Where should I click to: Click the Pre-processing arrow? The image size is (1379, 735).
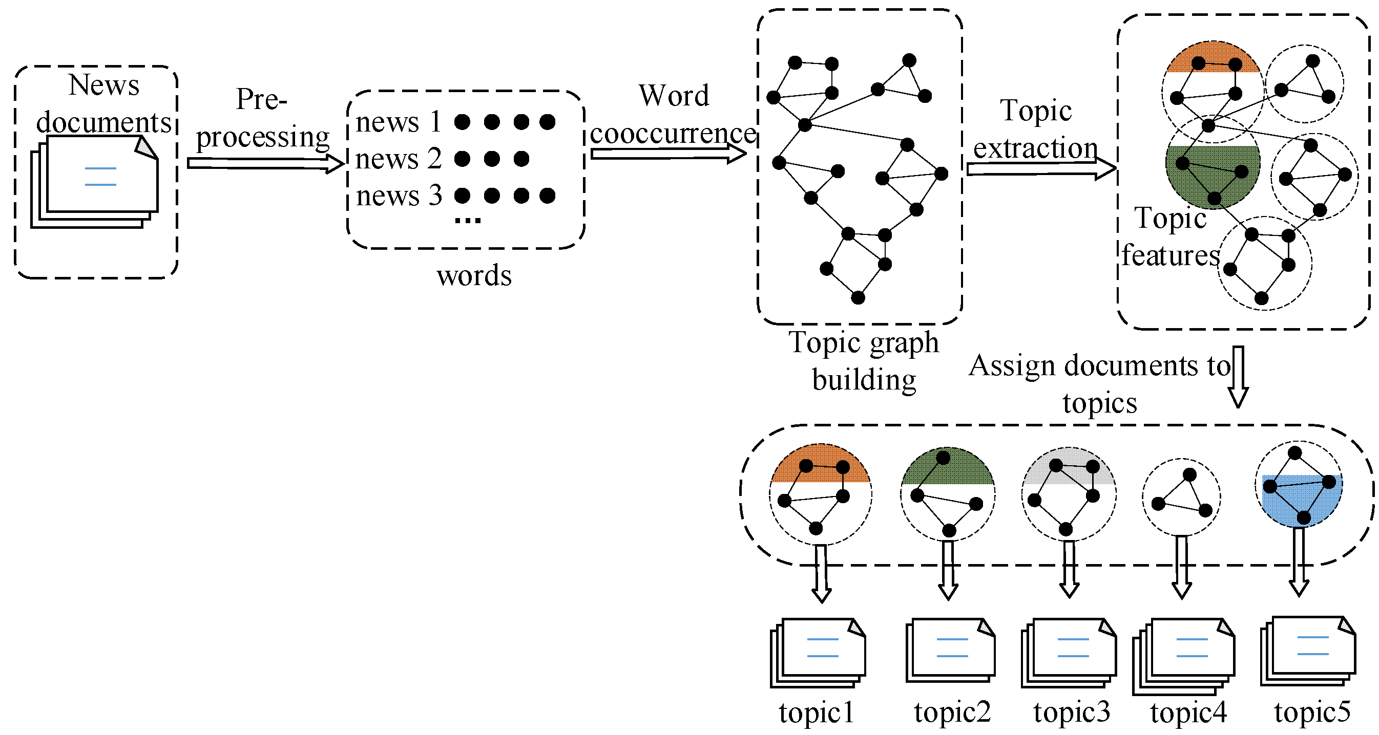point(265,164)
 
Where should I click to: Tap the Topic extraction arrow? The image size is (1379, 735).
point(1041,169)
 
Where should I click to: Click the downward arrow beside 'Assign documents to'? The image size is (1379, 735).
point(1238,377)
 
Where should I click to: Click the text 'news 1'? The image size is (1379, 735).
point(399,122)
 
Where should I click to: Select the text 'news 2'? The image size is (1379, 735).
point(399,159)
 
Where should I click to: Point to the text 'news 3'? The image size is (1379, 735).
point(399,196)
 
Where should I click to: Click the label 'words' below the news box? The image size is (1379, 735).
point(474,276)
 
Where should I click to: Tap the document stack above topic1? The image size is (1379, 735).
point(818,653)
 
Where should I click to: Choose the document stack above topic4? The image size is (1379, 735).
point(1184,656)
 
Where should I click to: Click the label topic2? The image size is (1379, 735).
point(952,712)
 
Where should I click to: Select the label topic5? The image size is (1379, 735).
point(1312,712)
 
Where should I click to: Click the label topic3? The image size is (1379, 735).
point(1072,712)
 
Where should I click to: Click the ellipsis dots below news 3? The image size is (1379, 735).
point(467,220)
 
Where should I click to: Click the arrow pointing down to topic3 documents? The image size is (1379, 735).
point(1069,569)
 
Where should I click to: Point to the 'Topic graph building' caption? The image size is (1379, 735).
point(864,360)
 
